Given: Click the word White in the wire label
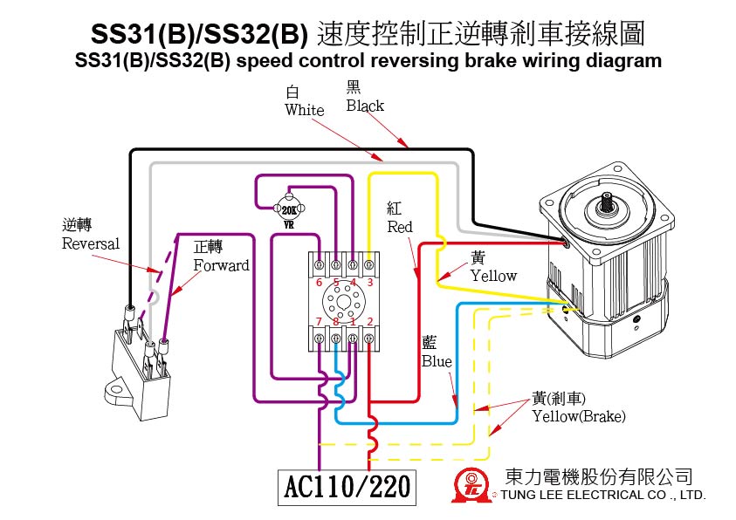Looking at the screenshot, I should [x=304, y=110].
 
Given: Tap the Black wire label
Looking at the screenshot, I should [x=364, y=106].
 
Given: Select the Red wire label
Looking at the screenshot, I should [x=400, y=227].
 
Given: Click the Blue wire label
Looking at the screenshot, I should [x=437, y=361].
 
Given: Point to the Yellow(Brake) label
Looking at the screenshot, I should [x=579, y=416].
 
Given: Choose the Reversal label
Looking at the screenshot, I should [x=90, y=243].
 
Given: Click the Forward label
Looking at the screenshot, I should [x=220, y=265].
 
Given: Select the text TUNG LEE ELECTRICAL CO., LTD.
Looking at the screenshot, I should [x=602, y=495].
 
